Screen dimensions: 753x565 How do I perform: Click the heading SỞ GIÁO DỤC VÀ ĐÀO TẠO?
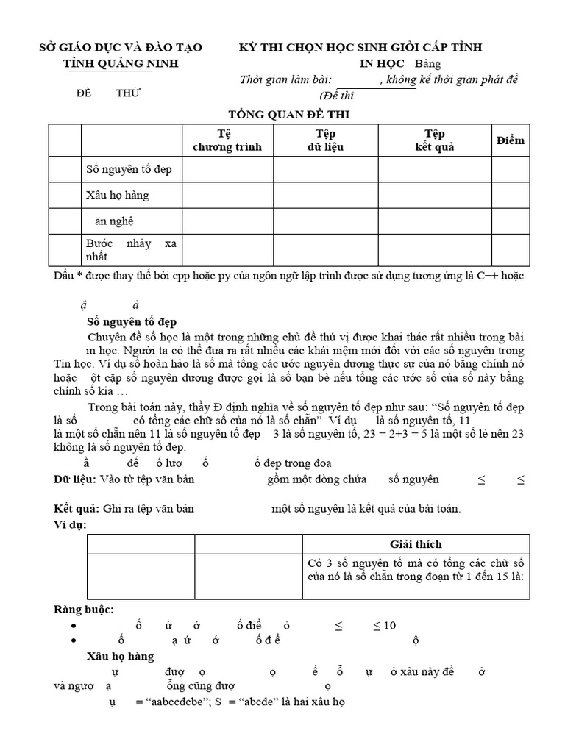pyautogui.click(x=120, y=48)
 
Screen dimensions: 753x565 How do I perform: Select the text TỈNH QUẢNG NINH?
pyautogui.click(x=120, y=63)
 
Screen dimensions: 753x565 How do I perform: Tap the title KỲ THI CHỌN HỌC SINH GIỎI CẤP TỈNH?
pyautogui.click(x=360, y=48)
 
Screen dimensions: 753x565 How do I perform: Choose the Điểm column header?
pyautogui.click(x=511, y=140)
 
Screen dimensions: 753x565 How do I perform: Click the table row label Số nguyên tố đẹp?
pyautogui.click(x=129, y=170)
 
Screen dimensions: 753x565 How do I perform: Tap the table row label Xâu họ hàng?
pyautogui.click(x=117, y=195)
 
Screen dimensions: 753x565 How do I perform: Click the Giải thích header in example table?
pyautogui.click(x=416, y=544)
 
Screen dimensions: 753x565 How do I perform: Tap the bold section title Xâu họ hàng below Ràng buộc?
pyautogui.click(x=120, y=656)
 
